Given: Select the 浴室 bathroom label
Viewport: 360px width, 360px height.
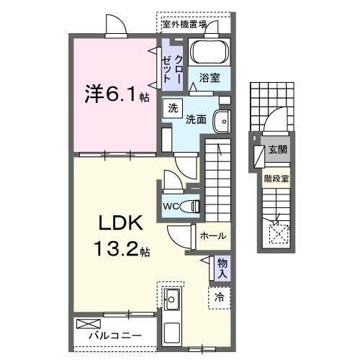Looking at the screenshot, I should point(210,76).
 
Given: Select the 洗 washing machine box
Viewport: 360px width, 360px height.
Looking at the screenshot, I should point(173,109).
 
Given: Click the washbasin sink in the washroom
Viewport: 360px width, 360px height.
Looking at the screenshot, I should point(224,122).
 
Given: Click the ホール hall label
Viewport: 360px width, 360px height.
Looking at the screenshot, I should point(213,236).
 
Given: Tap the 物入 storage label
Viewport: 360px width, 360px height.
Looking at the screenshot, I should point(222,269).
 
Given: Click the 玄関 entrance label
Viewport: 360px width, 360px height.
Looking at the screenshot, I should point(278,150).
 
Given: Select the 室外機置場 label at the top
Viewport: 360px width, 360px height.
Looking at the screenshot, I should point(184,24).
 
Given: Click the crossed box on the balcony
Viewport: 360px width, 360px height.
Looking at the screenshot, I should point(86,323).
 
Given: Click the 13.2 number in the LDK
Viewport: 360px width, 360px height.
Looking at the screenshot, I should point(115,251).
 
